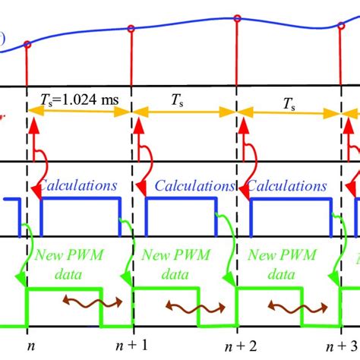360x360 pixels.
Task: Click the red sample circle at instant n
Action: (x=28, y=45)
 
